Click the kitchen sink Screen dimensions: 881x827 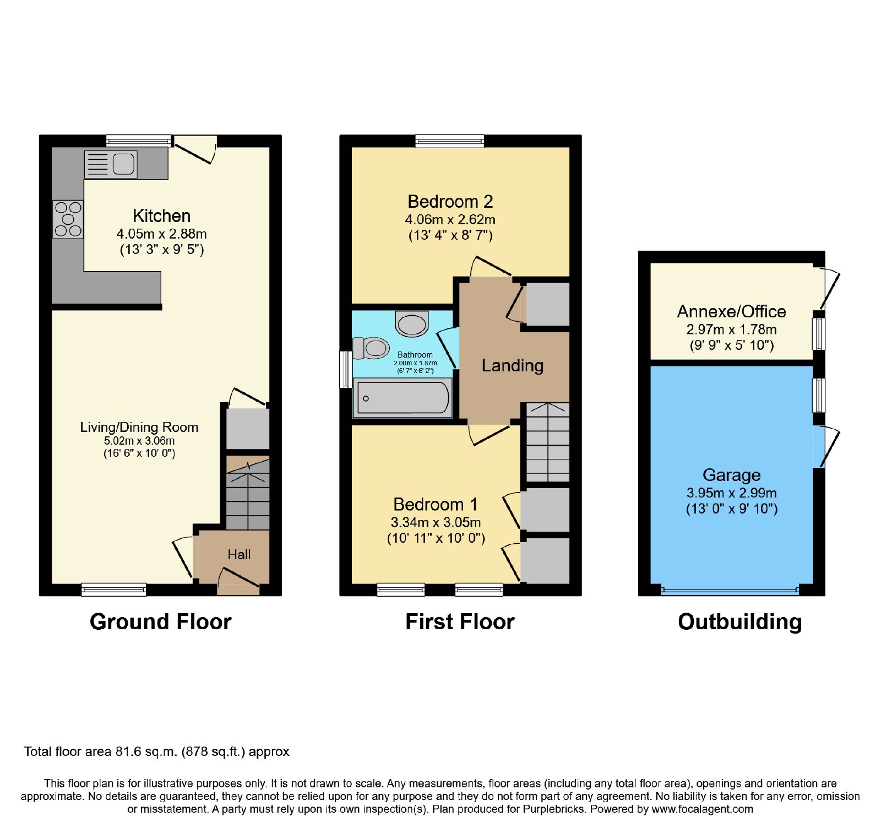click(x=111, y=164)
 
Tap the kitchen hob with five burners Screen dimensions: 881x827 click(x=68, y=219)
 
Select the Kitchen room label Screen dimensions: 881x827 click(x=162, y=216)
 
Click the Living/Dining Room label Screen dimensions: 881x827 click(x=139, y=428)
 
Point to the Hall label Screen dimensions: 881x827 click(x=239, y=555)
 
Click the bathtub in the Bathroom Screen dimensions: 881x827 click(x=403, y=397)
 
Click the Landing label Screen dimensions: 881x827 click(x=513, y=366)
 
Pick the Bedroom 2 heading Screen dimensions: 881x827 click(x=450, y=202)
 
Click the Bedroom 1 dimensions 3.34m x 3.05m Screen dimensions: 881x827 click(x=436, y=522)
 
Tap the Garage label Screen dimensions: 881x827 click(x=732, y=475)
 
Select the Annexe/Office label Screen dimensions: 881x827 click(x=732, y=312)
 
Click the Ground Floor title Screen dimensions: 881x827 click(x=161, y=622)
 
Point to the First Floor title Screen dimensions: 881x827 click(x=460, y=622)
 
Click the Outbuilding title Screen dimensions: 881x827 click(x=740, y=623)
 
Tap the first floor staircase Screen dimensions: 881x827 click(x=548, y=442)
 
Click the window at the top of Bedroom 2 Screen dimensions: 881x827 click(x=450, y=141)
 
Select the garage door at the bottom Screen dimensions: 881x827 click(x=730, y=591)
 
